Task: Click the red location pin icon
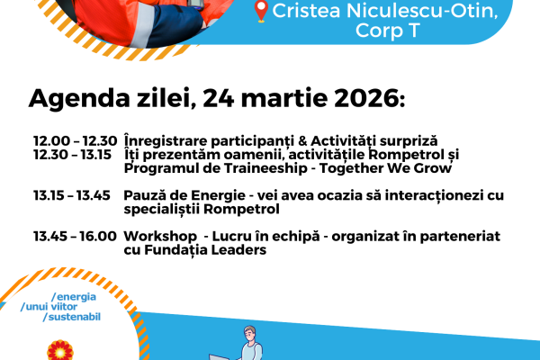click(262, 12)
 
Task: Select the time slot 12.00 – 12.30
click(75, 141)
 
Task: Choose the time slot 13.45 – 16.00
click(75, 236)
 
